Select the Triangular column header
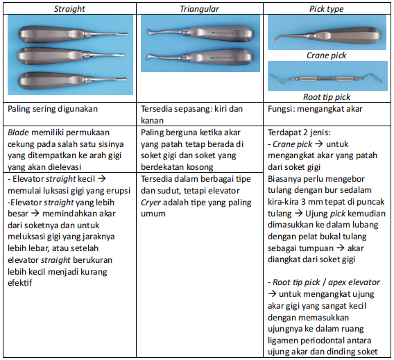click(200, 8)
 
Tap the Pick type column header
click(327, 8)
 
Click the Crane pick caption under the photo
click(326, 55)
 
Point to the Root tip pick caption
click(327, 96)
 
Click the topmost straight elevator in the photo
click(69, 33)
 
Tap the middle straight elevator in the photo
click(69, 54)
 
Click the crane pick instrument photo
click(326, 35)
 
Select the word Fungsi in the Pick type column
click(284, 109)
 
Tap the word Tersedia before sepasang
click(158, 109)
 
